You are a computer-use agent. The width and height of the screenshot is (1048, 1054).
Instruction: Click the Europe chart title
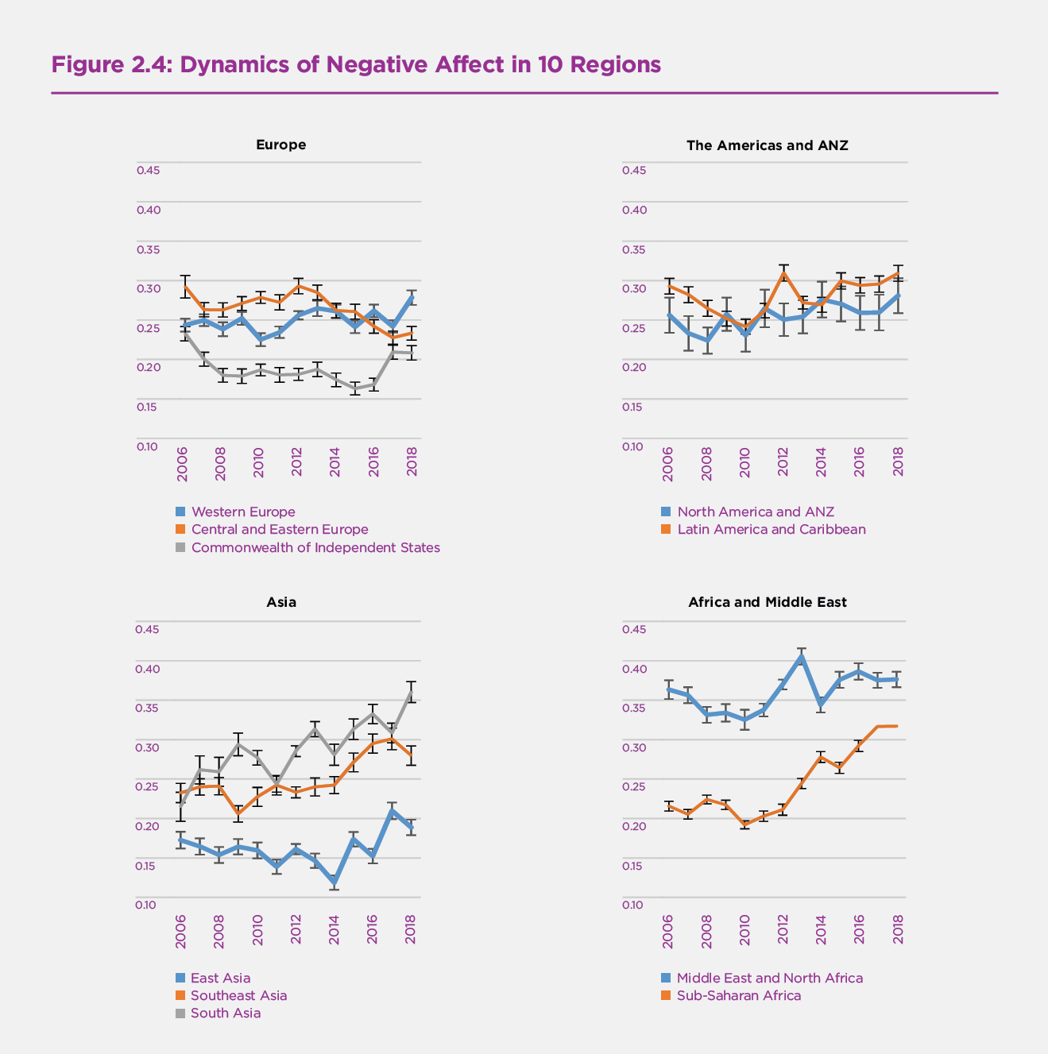click(280, 145)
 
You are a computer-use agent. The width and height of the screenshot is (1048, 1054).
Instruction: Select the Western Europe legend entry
click(242, 512)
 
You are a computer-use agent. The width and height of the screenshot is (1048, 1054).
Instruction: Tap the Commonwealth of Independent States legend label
click(315, 547)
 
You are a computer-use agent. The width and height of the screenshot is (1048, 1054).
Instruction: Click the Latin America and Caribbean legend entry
click(771, 529)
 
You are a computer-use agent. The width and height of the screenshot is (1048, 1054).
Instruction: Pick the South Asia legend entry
click(225, 1013)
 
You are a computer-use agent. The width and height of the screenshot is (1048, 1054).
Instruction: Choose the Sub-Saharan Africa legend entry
click(738, 995)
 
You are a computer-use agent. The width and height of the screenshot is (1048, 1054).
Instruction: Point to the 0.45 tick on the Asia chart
click(148, 629)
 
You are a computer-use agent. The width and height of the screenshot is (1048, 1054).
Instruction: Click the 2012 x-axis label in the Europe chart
click(296, 461)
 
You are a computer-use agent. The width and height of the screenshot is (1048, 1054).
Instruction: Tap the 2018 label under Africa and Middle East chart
click(899, 929)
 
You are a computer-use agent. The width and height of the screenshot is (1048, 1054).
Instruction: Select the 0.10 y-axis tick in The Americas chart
click(633, 446)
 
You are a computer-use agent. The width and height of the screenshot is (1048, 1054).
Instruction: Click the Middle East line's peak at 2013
click(802, 656)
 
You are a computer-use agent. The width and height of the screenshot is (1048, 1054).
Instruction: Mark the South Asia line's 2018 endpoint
click(411, 692)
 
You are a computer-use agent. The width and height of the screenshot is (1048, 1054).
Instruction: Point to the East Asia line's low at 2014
click(335, 882)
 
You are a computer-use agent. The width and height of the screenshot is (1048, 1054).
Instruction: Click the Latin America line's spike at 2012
click(783, 272)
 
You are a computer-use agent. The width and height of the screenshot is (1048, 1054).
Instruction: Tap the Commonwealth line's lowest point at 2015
click(354, 388)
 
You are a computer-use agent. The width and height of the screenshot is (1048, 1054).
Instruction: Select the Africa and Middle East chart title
click(767, 602)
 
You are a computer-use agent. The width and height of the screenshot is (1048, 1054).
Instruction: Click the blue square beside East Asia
click(180, 978)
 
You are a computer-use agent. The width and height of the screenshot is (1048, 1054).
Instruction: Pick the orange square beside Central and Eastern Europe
click(180, 529)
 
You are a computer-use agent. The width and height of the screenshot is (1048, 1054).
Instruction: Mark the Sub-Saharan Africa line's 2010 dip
click(744, 824)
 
